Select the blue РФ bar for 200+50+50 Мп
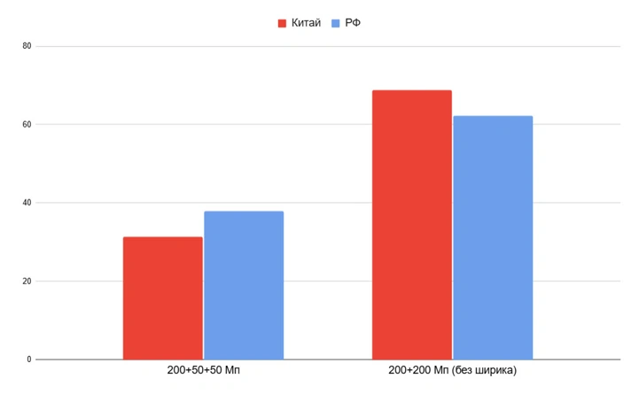click(244, 285)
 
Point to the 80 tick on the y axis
click(27, 46)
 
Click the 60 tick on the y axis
click(27, 125)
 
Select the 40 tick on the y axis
click(27, 203)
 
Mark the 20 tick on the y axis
click(27, 282)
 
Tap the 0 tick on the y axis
click(29, 359)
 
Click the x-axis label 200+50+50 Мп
click(203, 369)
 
